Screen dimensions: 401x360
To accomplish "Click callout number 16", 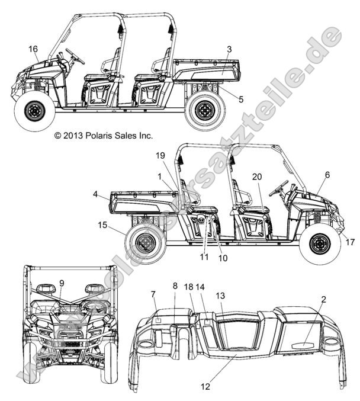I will pos(33,49).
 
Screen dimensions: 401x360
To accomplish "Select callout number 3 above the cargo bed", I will pos(229,49).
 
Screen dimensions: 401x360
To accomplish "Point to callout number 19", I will pos(160,155).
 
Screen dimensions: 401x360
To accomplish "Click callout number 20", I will pos(256,176).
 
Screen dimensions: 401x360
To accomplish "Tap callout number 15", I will pos(102,225).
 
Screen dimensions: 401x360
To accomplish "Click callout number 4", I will pos(95,194).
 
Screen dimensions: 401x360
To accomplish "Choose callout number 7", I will pos(153,294).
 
